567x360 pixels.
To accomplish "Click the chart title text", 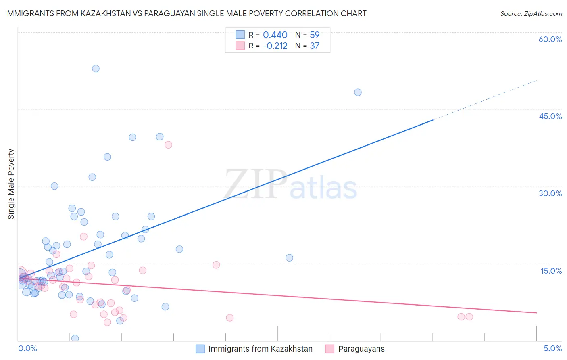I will pyautogui.click(x=186, y=13).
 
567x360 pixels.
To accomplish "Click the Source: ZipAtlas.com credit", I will pyautogui.click(x=531, y=13).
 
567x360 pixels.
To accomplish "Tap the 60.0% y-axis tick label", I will pyautogui.click(x=550, y=39).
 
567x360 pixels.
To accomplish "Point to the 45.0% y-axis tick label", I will pyautogui.click(x=550, y=116).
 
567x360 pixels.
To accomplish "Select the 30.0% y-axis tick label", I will pyautogui.click(x=550, y=193).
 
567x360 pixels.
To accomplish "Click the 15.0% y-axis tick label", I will pyautogui.click(x=551, y=271).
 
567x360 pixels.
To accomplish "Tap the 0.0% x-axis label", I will pyautogui.click(x=27, y=348).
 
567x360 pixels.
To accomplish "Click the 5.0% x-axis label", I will pyautogui.click(x=552, y=348).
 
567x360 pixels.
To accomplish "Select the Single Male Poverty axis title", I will pyautogui.click(x=11, y=184).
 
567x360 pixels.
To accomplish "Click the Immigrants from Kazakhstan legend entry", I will pyautogui.click(x=260, y=349).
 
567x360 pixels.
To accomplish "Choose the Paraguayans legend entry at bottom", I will pyautogui.click(x=361, y=349).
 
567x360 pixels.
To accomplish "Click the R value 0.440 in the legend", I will pyautogui.click(x=275, y=35).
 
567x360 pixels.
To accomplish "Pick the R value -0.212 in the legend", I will pyautogui.click(x=275, y=46).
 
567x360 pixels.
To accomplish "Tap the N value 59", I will pyautogui.click(x=315, y=35).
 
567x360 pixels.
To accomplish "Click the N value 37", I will pyautogui.click(x=315, y=46).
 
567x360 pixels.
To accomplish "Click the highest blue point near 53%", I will pyautogui.click(x=96, y=69).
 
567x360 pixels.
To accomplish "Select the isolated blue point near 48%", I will pyautogui.click(x=358, y=92).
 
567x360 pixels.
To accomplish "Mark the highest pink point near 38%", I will pyautogui.click(x=168, y=145).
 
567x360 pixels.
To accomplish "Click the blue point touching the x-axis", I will pyautogui.click(x=75, y=338).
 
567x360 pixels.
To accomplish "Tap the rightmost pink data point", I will pyautogui.click(x=469, y=317).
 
